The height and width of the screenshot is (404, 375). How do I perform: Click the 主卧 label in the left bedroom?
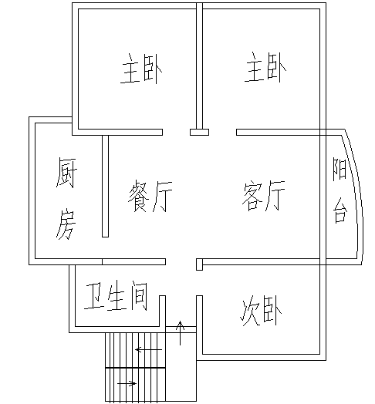[x=141, y=69]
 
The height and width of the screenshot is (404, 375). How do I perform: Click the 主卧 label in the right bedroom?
[x=265, y=67]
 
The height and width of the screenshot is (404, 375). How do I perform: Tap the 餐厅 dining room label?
[x=150, y=196]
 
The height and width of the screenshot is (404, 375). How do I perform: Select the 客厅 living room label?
[x=263, y=195]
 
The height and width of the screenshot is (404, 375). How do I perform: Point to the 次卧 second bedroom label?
[x=261, y=311]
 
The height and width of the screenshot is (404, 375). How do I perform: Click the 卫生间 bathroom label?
[x=116, y=295]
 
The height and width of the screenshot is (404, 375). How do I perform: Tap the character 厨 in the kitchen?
[x=66, y=173]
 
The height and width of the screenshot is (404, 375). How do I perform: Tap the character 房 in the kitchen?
[x=66, y=224]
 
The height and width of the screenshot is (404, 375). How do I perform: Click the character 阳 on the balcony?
[x=340, y=170]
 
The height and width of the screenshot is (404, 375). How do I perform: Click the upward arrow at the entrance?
[x=181, y=333]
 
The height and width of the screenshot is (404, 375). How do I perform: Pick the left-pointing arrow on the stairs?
[x=149, y=349]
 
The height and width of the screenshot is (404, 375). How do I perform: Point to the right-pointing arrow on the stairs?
[x=127, y=384]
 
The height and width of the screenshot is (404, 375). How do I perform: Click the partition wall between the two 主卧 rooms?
[x=199, y=66]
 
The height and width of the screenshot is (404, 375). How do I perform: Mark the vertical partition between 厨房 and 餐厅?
[x=105, y=186]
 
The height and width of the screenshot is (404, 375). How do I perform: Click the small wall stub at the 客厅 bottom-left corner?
[x=199, y=264]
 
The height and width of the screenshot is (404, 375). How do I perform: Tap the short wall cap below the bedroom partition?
[x=199, y=132]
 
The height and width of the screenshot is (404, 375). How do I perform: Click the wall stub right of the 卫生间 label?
[x=162, y=311]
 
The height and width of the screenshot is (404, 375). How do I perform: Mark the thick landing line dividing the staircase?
[x=135, y=368]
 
